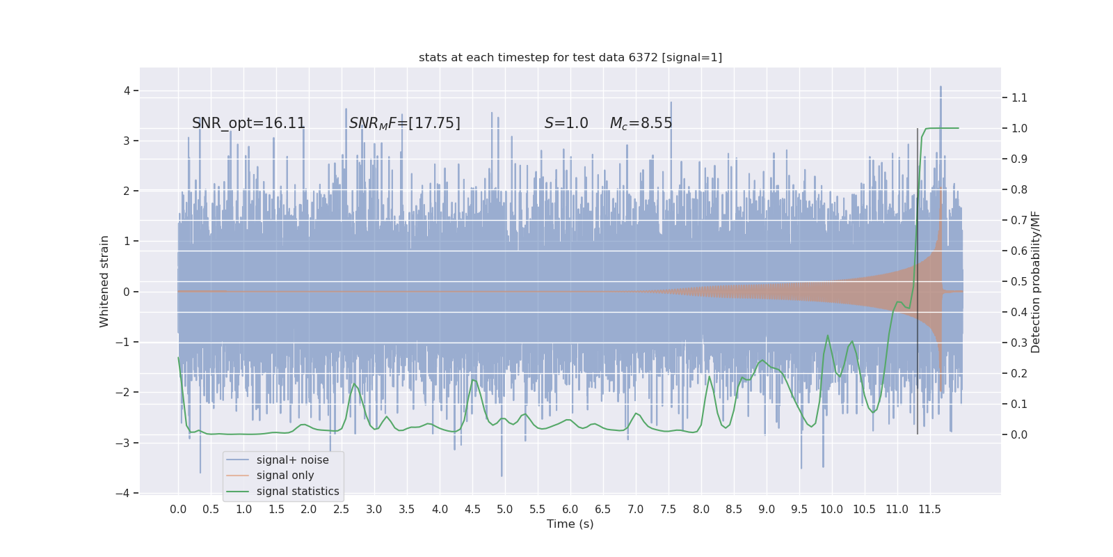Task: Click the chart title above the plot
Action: (570, 58)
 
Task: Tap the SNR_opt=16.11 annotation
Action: (248, 123)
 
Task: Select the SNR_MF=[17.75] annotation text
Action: (404, 123)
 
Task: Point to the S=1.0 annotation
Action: (566, 123)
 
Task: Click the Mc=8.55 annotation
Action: (641, 123)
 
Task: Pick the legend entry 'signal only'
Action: (285, 476)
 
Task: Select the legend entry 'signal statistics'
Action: (297, 492)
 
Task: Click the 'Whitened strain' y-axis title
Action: (104, 281)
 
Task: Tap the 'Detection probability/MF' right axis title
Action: (1036, 281)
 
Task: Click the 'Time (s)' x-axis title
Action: (570, 524)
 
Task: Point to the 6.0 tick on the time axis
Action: (570, 510)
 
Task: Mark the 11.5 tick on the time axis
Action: (929, 510)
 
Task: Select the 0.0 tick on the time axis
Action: (178, 510)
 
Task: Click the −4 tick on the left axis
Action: (125, 494)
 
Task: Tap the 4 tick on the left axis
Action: (127, 91)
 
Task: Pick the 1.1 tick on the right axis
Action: (1019, 98)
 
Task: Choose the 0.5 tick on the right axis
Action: (1019, 282)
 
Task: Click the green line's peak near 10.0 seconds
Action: (828, 336)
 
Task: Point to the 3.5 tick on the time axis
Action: (407, 510)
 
